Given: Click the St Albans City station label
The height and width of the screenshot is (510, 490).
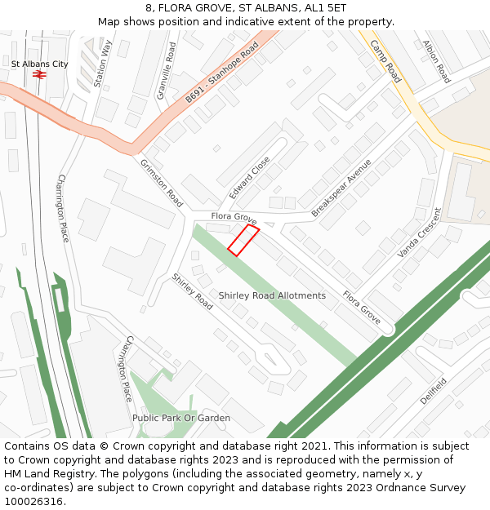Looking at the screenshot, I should (x=39, y=64).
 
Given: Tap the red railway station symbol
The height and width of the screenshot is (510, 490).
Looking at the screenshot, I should (x=38, y=74).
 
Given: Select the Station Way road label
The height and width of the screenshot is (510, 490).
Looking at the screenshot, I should (x=103, y=64).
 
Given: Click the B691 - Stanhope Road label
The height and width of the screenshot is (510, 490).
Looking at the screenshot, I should (x=221, y=73).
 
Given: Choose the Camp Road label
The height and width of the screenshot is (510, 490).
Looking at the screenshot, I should (x=385, y=61).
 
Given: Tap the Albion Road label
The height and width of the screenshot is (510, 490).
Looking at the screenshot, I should (x=437, y=62).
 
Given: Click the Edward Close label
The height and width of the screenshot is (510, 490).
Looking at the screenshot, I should (x=250, y=178).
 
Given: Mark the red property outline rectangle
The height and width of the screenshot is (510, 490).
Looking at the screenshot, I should (x=243, y=241).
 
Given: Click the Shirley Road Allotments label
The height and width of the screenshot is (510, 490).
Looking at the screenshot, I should (x=272, y=295).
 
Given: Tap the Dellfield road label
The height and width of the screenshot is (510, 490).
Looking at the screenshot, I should (x=434, y=392).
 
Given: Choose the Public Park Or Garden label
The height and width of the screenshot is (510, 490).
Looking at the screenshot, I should (x=181, y=418).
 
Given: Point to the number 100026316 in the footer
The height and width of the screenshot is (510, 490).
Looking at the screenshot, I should (x=33, y=501).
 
